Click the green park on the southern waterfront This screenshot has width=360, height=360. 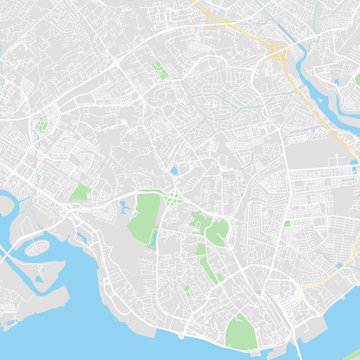click(241, 329)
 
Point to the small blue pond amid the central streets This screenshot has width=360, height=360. click(174, 170)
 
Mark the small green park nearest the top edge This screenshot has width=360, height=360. click(160, 70)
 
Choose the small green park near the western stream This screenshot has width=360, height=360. click(41, 126)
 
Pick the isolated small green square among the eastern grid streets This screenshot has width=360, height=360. click(287, 223)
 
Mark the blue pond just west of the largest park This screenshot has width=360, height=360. click(124, 209)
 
